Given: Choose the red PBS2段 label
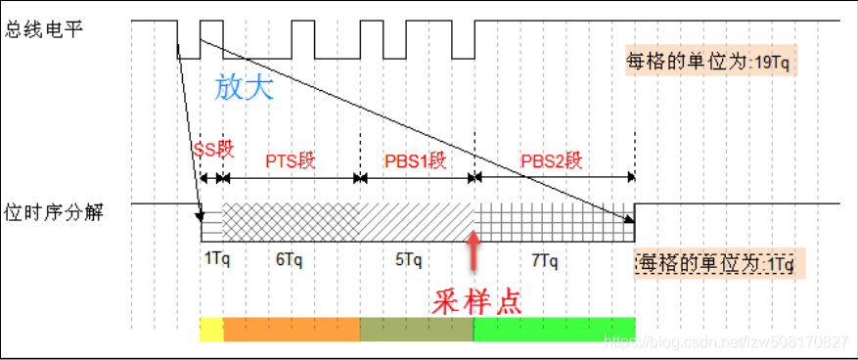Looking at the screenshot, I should point(551,159).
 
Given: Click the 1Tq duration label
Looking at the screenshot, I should point(217,261).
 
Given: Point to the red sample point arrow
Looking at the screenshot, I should point(474,249).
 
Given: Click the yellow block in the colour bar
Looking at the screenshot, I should point(211,330).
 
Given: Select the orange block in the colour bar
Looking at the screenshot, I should point(292,330).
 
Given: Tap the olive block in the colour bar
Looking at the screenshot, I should point(417,330).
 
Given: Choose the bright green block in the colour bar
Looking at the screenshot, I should point(554,330).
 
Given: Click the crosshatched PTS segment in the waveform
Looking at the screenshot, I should point(292,222).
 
